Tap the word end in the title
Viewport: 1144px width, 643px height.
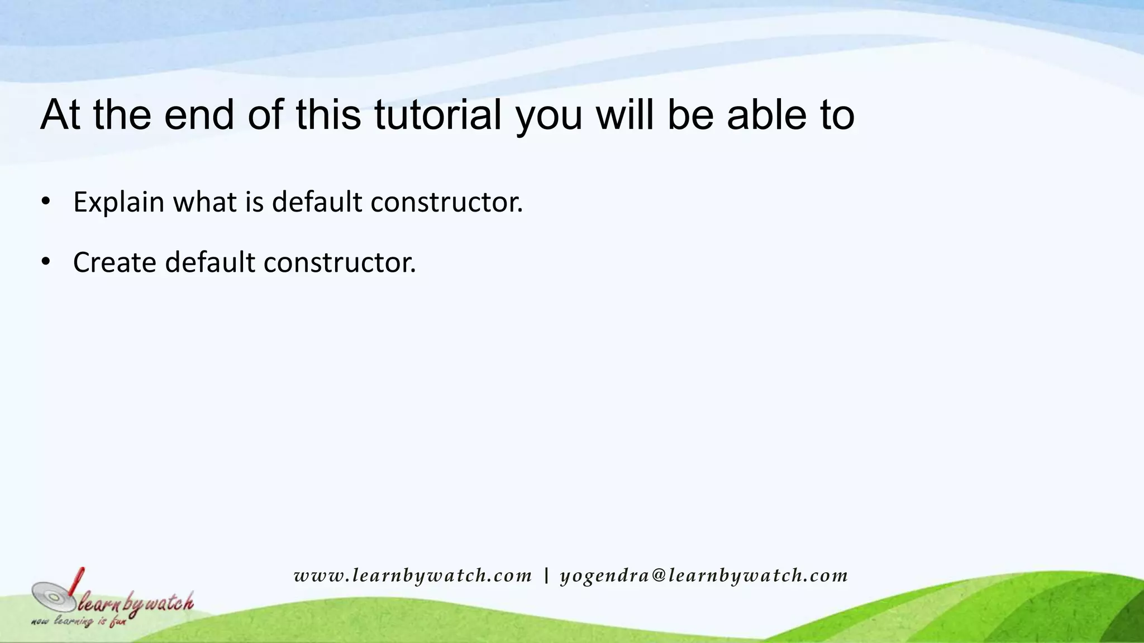pyautogui.click(x=199, y=115)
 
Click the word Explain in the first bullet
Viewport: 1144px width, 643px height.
pyautogui.click(x=118, y=202)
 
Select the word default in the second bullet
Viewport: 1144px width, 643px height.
pyautogui.click(x=210, y=262)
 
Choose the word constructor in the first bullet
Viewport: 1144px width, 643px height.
pyautogui.click(x=446, y=202)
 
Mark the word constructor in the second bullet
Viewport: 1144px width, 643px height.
pyautogui.click(x=340, y=262)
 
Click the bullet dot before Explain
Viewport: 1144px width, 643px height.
pyautogui.click(x=46, y=201)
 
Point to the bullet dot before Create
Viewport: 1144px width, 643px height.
pyautogui.click(x=46, y=261)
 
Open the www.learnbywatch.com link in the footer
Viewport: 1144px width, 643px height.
pyautogui.click(x=413, y=575)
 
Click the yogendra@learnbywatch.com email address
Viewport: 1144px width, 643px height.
pyautogui.click(x=704, y=575)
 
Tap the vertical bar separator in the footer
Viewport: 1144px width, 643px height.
pyautogui.click(x=546, y=575)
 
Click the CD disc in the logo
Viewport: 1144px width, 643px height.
pyautogui.click(x=53, y=597)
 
